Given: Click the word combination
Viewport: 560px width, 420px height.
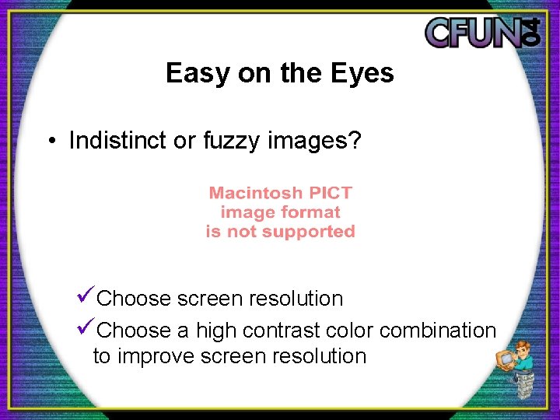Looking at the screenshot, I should click(437, 331).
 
